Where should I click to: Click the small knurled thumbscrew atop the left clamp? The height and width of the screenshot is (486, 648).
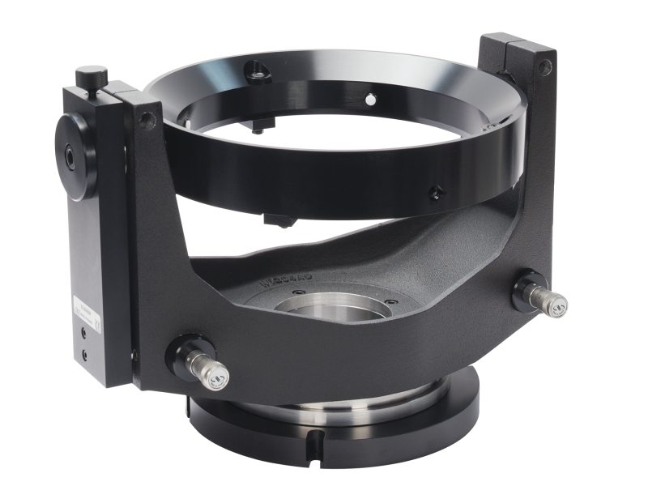[x=92, y=78]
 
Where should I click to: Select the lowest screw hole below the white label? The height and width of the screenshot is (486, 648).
[x=84, y=354]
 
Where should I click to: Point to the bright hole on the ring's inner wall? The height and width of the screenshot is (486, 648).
[x=370, y=100]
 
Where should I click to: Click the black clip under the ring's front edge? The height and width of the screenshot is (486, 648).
[x=278, y=220]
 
